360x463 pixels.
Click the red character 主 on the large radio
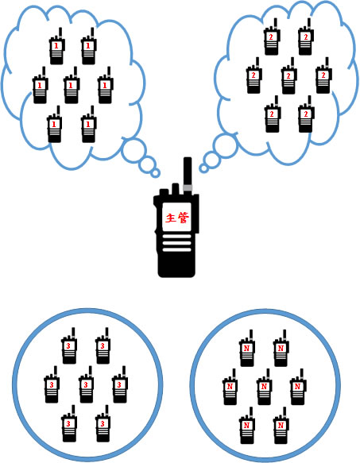coord(171,218)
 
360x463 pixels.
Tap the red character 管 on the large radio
coord(184,218)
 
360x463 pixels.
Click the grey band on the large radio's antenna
coord(188,187)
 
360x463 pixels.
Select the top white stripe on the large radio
coord(176,236)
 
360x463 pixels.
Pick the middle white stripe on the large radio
coord(176,243)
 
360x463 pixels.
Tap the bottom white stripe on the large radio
coord(176,250)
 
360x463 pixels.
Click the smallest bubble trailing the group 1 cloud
coord(155,173)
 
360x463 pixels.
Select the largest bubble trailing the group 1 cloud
coord(134,150)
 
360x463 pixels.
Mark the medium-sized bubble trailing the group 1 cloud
coord(148,164)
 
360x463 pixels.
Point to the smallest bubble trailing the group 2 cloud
coord(203,168)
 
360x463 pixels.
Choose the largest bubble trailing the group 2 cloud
coord(226,145)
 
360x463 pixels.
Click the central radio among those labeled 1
coord(72,85)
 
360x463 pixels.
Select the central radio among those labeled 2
coord(288,75)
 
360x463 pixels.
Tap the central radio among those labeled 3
coord(86,384)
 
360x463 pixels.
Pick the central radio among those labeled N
coord(264,387)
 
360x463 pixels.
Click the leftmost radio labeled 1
coord(40,85)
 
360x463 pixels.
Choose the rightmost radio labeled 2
coord(323,75)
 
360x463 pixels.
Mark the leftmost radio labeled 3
coord(52,384)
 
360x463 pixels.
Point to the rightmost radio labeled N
coord(298,387)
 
